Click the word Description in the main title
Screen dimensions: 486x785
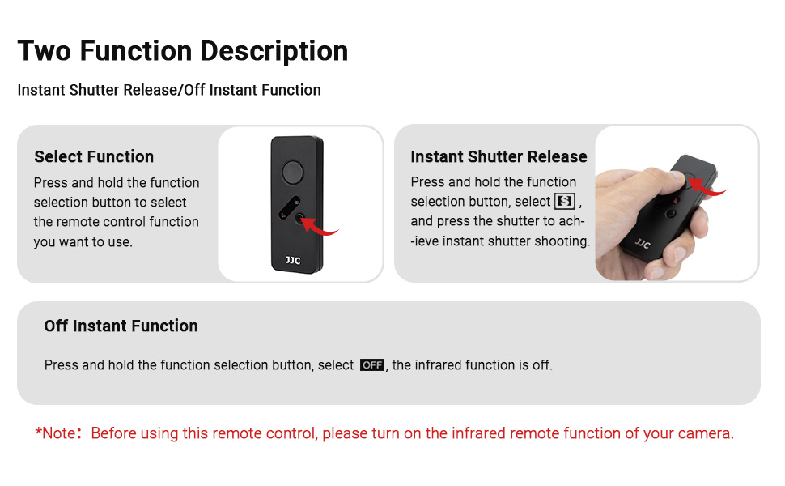tap(274, 51)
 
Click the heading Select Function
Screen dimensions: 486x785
tap(94, 157)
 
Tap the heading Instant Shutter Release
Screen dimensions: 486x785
tap(499, 157)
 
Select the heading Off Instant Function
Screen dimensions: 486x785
tap(121, 326)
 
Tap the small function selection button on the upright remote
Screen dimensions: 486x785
tap(300, 216)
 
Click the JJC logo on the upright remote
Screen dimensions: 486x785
tap(292, 261)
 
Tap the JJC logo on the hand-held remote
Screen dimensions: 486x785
tap(643, 242)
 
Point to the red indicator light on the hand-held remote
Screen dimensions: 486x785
tap(672, 198)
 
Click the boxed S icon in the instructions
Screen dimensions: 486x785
tap(564, 201)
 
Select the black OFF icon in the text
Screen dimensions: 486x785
tap(372, 365)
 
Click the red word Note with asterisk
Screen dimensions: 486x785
tap(57, 433)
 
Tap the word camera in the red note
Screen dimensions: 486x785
tap(706, 433)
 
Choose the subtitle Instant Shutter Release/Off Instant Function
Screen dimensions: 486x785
tap(169, 90)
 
